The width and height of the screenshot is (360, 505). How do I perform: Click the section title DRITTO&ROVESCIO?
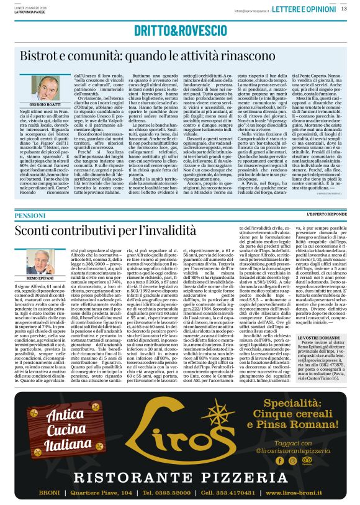[179, 39]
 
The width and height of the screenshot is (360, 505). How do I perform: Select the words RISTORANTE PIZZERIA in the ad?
[180, 477]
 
